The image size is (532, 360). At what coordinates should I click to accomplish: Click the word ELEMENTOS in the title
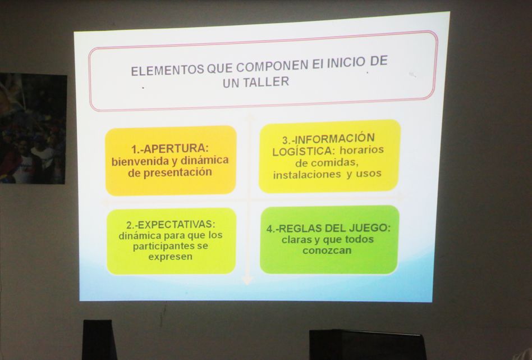168,70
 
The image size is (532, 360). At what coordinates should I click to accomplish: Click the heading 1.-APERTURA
169,149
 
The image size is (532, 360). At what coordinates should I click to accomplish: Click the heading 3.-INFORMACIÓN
328,139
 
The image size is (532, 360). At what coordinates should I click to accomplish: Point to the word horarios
361,150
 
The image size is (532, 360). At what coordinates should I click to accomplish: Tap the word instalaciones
307,175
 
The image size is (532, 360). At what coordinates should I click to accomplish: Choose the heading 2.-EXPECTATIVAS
171,225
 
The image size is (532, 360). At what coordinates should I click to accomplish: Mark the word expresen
171,257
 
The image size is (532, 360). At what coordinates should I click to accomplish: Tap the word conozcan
327,250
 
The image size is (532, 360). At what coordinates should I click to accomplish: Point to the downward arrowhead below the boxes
247,280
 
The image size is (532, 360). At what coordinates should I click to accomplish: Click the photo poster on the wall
33,129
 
